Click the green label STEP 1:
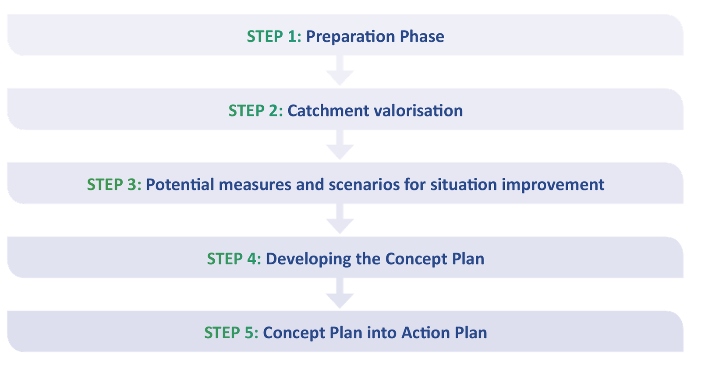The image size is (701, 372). click(274, 36)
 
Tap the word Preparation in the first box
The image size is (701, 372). click(350, 37)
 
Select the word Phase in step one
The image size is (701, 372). click(422, 36)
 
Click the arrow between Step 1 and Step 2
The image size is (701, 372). click(340, 70)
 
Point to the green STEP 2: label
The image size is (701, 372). click(256, 111)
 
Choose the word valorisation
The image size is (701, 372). click(418, 111)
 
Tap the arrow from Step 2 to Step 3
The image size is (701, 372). click(340, 145)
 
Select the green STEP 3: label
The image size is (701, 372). click(114, 184)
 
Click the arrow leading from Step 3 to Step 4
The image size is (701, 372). click(340, 219)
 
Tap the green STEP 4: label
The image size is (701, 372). click(234, 259)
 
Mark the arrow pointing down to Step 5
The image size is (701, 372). click(340, 293)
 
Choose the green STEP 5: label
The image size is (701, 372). click(231, 333)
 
